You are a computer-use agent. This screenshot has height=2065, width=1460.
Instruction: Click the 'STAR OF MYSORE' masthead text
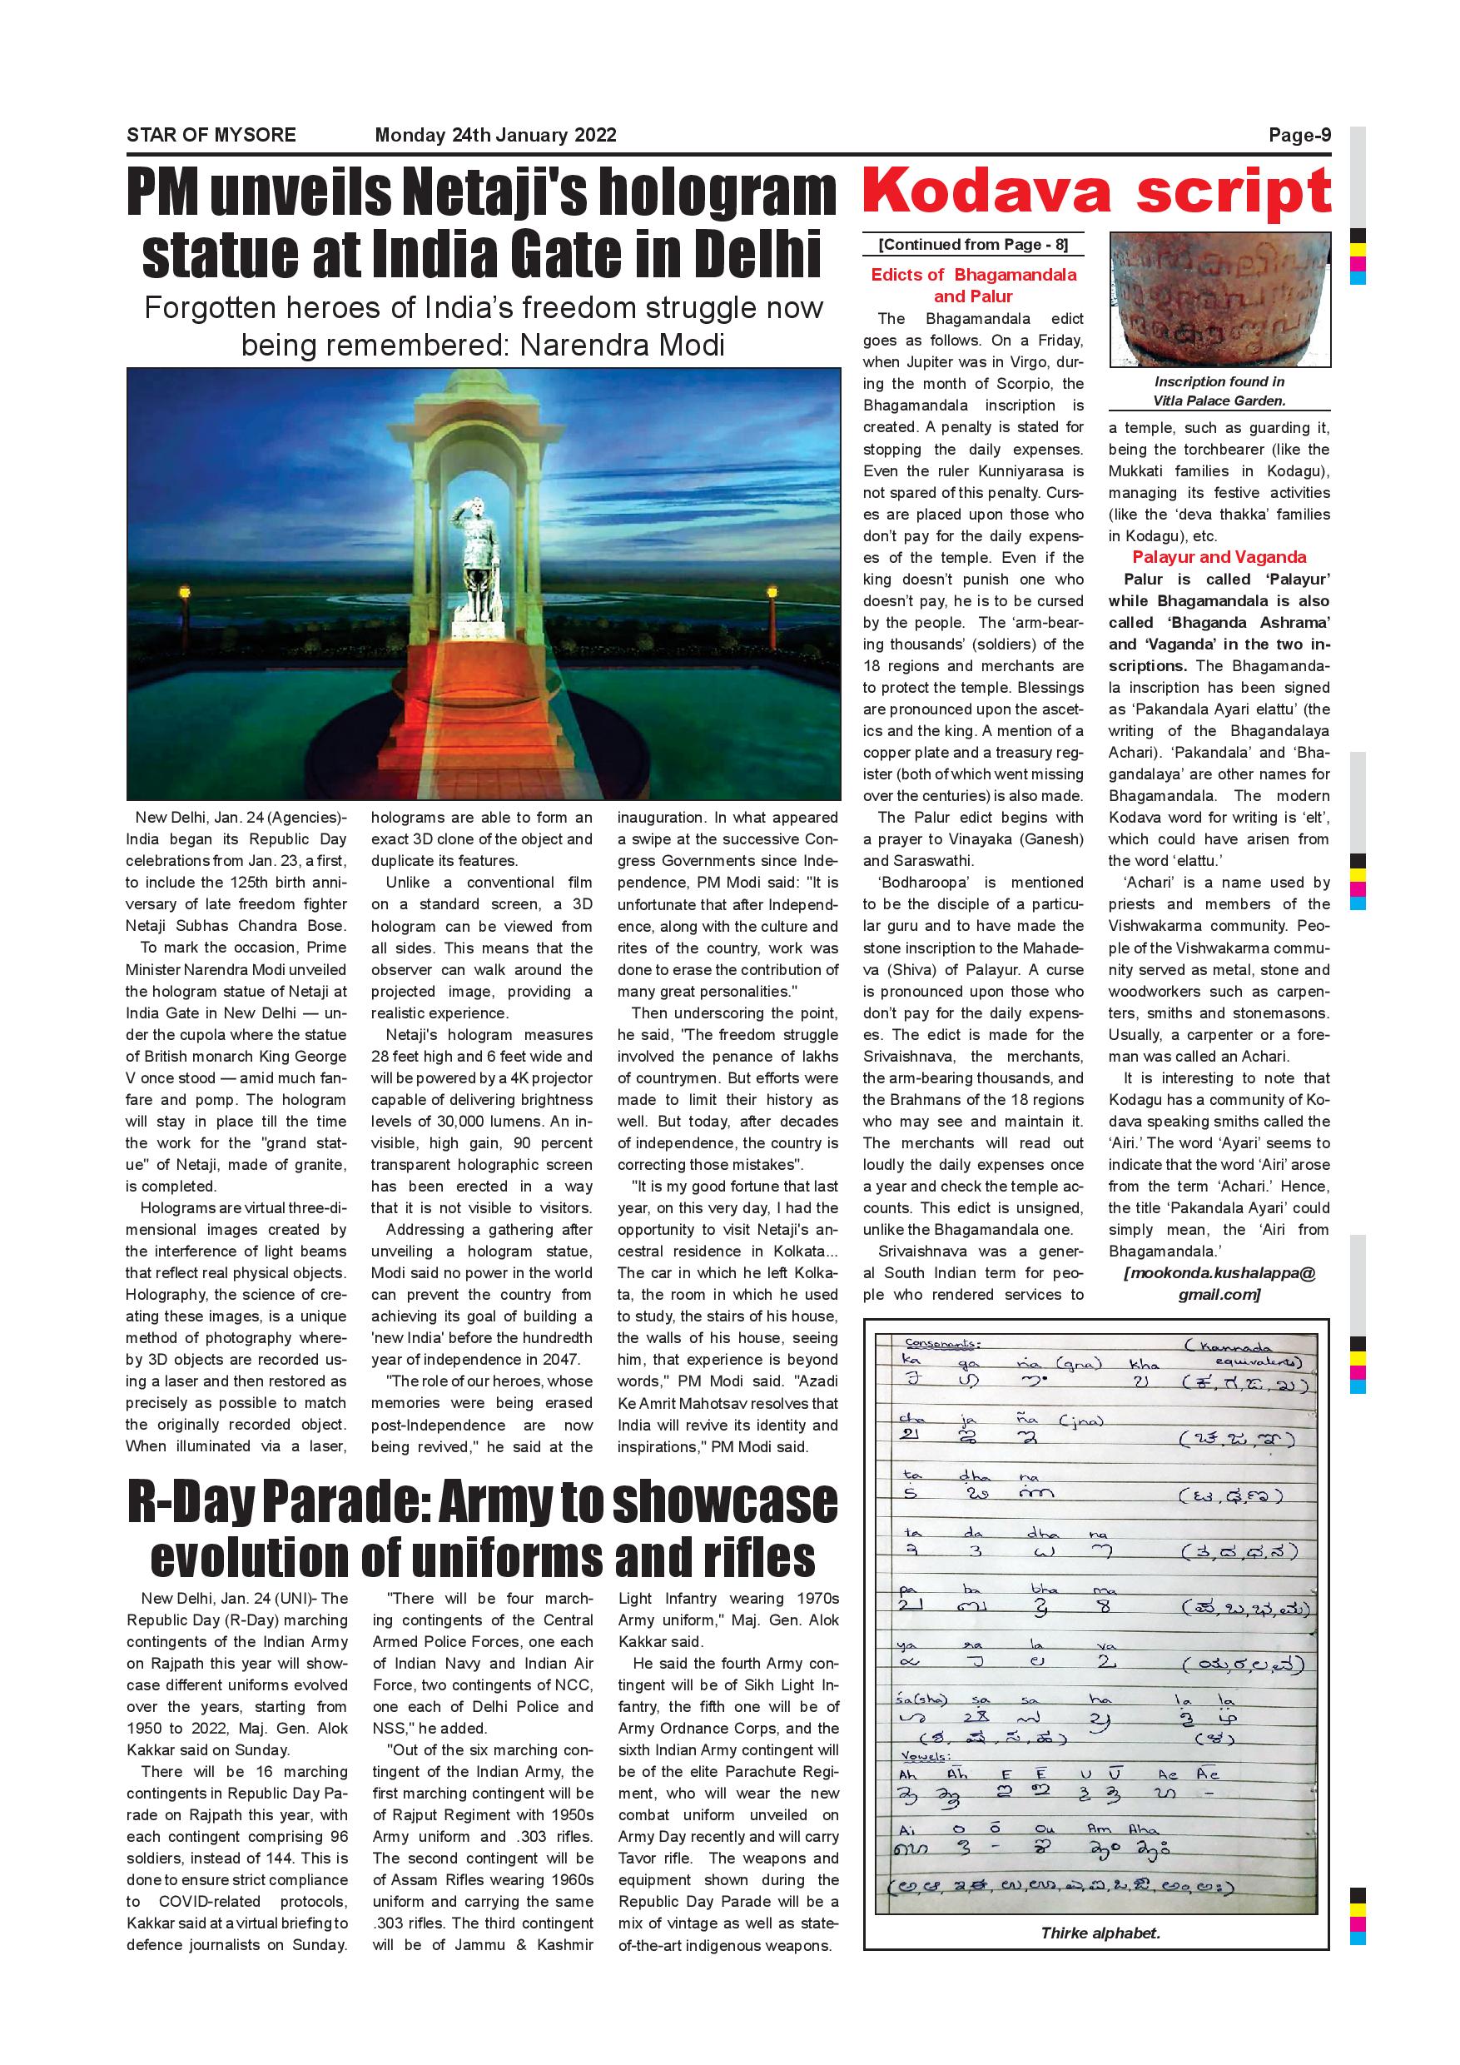(x=211, y=135)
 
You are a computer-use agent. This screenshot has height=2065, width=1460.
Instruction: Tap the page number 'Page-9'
(x=1299, y=135)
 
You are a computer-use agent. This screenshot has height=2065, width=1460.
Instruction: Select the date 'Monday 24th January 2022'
(x=495, y=135)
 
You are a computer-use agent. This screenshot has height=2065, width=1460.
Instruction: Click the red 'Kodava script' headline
(x=1096, y=192)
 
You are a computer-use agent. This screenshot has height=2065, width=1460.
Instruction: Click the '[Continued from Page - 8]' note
(x=973, y=245)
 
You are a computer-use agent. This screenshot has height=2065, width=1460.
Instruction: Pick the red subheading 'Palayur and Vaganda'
(x=1219, y=557)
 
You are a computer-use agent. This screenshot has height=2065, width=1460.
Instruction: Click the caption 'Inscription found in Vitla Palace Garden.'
(x=1219, y=391)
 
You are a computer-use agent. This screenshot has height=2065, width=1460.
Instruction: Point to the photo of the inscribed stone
(x=1219, y=299)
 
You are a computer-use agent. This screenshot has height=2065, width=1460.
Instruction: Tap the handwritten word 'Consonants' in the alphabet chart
(x=943, y=1344)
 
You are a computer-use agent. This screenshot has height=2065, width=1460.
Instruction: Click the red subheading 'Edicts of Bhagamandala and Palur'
(x=973, y=285)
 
